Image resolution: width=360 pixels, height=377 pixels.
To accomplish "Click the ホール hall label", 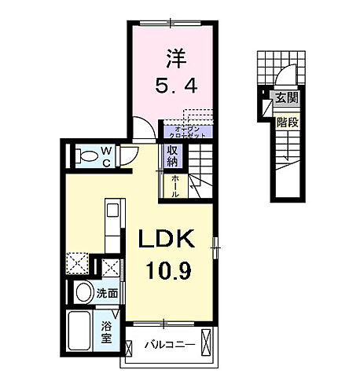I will (x=174, y=185).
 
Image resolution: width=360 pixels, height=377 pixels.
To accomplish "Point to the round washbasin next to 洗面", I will (x=83, y=293).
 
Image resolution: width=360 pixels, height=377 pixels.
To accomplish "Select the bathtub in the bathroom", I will (x=82, y=331).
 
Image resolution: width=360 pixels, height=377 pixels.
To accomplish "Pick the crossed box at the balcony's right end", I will (x=207, y=342).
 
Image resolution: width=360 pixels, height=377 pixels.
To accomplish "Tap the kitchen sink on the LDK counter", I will (x=112, y=211).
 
